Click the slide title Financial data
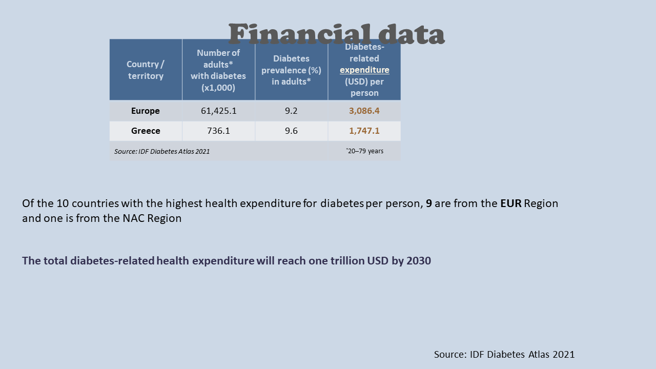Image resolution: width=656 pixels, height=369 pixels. point(336,34)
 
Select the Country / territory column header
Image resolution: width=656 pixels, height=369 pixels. point(146,70)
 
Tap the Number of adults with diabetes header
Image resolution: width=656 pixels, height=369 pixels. point(218,70)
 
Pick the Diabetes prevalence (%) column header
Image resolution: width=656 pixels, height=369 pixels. point(291,70)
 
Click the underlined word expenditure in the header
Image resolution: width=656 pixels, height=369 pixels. point(364,70)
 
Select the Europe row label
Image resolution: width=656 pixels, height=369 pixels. point(146,111)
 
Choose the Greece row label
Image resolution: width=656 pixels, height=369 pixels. point(146,131)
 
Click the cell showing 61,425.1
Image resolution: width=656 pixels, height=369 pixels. point(218,111)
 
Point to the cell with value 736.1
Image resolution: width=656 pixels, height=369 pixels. point(218,131)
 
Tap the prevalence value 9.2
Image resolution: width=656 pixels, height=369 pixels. point(291,111)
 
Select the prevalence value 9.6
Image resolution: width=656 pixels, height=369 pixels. point(291,131)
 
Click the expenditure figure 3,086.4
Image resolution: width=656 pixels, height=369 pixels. point(364,111)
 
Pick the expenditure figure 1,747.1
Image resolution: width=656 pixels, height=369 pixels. point(364,131)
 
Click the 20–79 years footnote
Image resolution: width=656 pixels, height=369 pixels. point(365,151)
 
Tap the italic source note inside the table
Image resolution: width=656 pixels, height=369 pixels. point(162,151)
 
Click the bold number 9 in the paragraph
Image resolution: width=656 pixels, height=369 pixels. point(429,203)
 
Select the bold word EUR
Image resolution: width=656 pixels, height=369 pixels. point(511,203)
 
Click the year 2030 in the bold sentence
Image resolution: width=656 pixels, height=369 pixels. point(418,261)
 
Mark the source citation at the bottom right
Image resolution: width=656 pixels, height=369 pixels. point(504,355)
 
